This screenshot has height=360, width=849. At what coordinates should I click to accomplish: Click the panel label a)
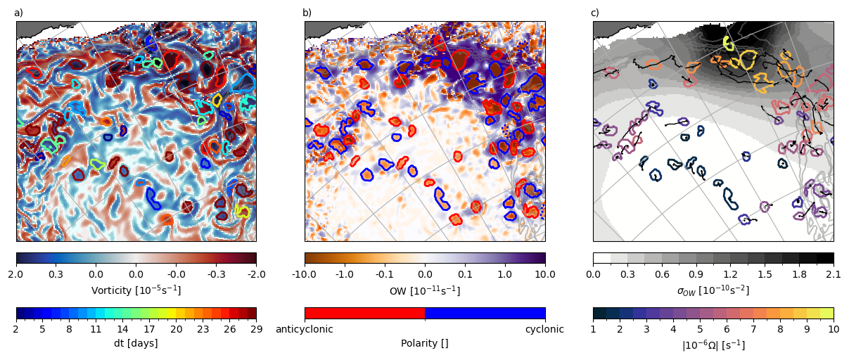[x=18, y=13]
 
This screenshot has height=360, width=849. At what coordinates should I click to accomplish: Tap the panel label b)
[x=307, y=13]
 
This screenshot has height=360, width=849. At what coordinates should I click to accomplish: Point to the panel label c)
[x=595, y=13]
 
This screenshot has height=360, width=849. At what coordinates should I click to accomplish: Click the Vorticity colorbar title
[x=136, y=290]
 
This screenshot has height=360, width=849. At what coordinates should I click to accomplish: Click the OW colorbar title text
[x=424, y=290]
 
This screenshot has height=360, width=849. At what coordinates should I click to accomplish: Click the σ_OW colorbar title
[x=713, y=290]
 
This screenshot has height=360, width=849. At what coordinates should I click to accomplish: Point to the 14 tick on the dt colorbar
[x=122, y=328]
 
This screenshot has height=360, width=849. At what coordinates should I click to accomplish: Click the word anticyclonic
[x=304, y=328]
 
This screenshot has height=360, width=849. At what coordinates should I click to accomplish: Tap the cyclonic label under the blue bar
[x=544, y=328]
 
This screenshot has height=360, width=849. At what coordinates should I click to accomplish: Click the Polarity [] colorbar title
[x=424, y=343]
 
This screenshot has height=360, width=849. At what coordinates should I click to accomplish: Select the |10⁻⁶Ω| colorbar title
[x=713, y=345]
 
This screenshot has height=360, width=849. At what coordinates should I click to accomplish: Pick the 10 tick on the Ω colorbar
[x=834, y=328]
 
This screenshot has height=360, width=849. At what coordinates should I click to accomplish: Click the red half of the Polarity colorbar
[x=364, y=313]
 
